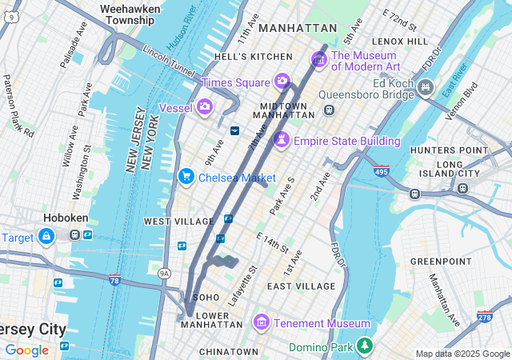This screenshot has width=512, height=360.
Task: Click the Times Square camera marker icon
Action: coord(282,81)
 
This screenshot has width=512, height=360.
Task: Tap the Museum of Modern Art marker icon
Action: coord(318,59)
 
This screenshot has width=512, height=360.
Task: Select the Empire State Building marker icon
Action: coord(282,141)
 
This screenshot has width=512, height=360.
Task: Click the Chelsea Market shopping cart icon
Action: coord(186,176)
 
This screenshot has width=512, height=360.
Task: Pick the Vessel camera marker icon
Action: coord(205,106)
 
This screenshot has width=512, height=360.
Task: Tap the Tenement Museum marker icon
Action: coord(260,322)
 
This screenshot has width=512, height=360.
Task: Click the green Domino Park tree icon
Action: coord(365,346)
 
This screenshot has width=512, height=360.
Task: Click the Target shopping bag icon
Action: coord(46,237)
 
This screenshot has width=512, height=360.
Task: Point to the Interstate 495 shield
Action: coord(382,170)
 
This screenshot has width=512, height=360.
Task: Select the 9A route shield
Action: coord(165,274)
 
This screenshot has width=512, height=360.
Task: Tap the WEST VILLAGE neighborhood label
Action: coord(178,221)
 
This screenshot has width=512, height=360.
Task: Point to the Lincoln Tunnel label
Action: coord(168,60)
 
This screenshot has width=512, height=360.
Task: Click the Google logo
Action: coord(26,350)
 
